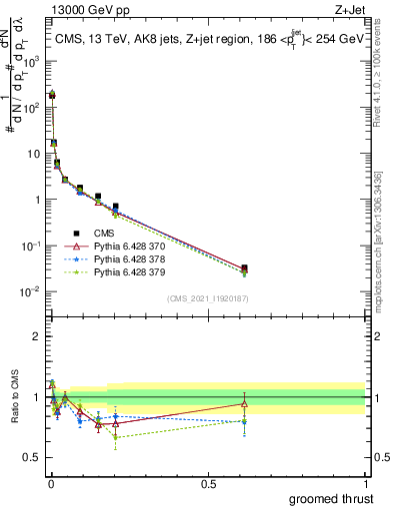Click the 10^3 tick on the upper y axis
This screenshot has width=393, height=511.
point(34,61)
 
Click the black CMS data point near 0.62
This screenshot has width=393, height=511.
point(244,267)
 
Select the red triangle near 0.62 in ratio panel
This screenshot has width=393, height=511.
point(244,403)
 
